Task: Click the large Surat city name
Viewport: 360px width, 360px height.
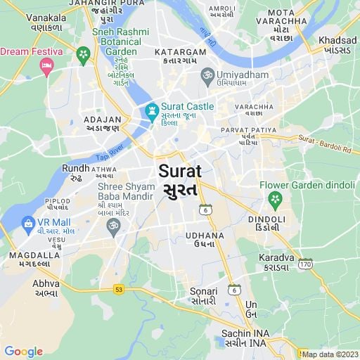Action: pyautogui.click(x=180, y=171)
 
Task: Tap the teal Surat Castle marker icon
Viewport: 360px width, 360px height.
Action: pyautogui.click(x=151, y=110)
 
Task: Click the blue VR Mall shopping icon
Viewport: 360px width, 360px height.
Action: pyautogui.click(x=28, y=225)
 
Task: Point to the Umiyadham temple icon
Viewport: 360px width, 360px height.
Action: pyautogui.click(x=207, y=74)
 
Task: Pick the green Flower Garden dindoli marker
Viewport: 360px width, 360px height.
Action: pyautogui.click(x=275, y=200)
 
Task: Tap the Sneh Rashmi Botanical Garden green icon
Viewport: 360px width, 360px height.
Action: pyautogui.click(x=84, y=55)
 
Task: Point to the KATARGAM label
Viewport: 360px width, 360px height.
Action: pyautogui.click(x=181, y=52)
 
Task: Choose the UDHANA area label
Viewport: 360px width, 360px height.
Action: pyautogui.click(x=205, y=236)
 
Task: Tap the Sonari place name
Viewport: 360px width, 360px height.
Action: pyautogui.click(x=204, y=291)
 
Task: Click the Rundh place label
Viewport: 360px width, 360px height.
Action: pyautogui.click(x=75, y=168)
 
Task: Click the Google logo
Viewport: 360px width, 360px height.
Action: pyautogui.click(x=23, y=352)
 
